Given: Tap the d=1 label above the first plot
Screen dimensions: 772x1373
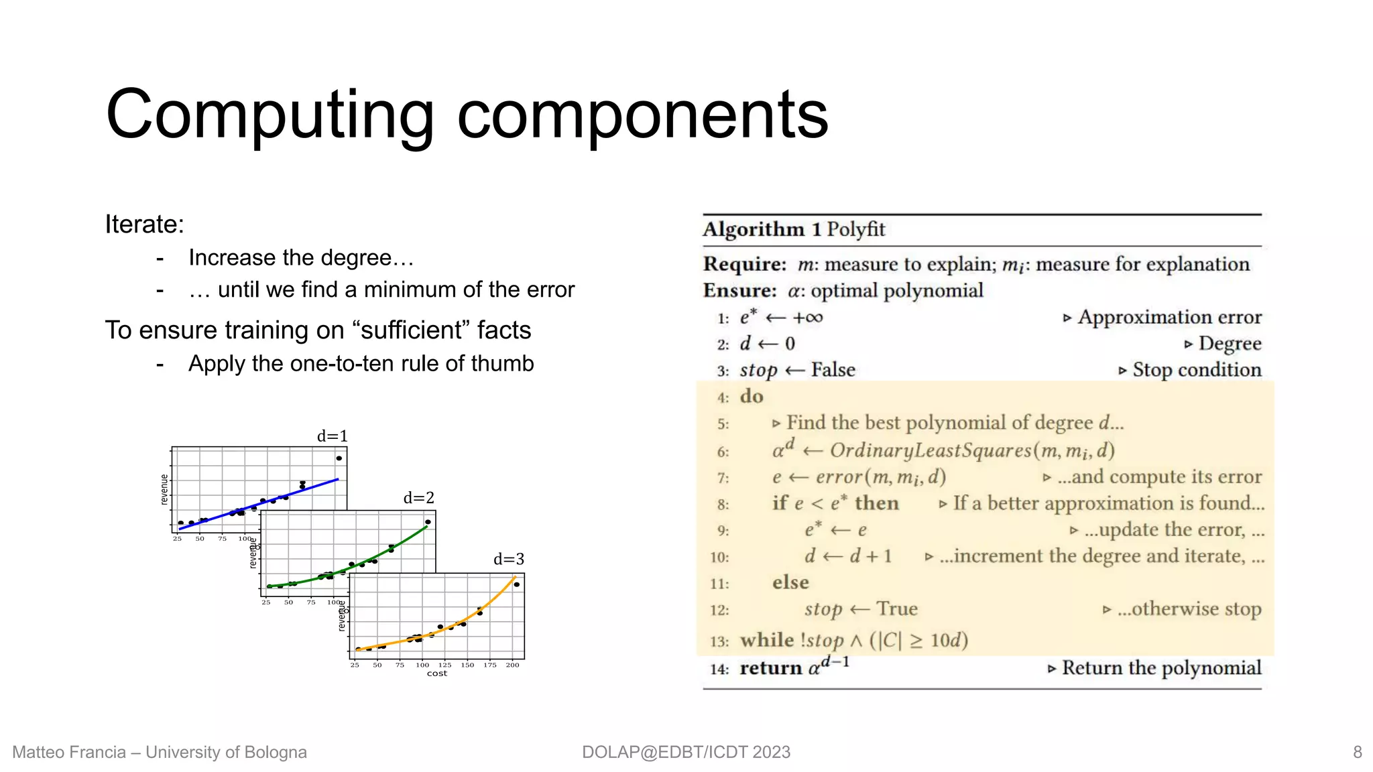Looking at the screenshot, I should (333, 436).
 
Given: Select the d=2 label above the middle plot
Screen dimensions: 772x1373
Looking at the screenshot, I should (419, 498).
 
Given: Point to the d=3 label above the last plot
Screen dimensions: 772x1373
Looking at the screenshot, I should (509, 560).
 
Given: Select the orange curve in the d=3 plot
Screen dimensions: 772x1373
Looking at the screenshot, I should (469, 620).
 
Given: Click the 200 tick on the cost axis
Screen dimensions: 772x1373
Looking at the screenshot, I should (512, 665).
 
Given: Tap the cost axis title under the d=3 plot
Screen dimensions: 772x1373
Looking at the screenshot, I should (437, 673).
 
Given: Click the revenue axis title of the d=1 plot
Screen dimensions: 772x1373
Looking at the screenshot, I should (164, 489).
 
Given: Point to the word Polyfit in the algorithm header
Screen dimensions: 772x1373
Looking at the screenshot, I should (855, 230).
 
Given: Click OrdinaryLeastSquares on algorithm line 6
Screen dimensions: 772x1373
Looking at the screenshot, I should (930, 450).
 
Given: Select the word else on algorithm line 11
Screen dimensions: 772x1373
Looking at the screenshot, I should (790, 582).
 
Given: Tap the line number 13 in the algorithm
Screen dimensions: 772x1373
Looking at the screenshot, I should (719, 641).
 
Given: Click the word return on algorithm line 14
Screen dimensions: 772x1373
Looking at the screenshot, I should (770, 668).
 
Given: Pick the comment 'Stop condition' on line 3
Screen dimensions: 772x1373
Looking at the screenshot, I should (1197, 370).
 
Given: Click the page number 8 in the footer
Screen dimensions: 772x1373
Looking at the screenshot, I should (1357, 752).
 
